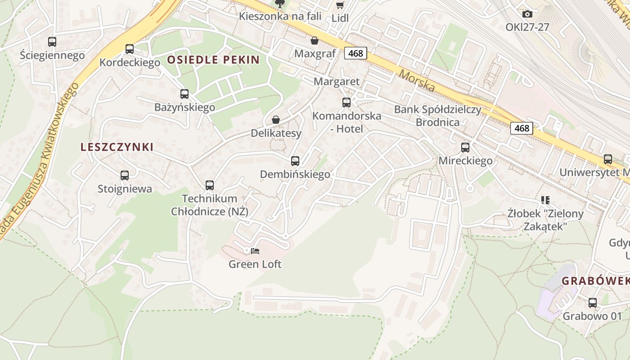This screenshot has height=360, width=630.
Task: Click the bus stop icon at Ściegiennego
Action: tap(52, 42)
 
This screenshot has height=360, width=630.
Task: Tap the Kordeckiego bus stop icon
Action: tap(130, 49)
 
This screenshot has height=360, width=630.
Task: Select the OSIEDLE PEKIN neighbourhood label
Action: tap(214, 60)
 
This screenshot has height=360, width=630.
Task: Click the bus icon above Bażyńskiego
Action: tap(184, 94)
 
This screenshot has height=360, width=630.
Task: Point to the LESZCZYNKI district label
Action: tap(117, 147)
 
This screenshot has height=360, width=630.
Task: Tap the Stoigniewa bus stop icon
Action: tap(125, 175)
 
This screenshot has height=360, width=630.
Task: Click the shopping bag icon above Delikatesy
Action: tap(276, 120)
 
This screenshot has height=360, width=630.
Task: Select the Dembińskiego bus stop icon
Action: tap(295, 161)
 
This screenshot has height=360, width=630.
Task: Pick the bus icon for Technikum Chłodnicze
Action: tap(210, 185)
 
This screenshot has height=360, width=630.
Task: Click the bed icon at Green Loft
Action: tap(255, 251)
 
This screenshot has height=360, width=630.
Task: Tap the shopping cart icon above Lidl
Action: tap(340, 5)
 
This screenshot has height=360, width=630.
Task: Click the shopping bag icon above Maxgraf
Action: tap(315, 41)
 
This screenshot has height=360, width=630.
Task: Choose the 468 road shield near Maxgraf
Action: tap(355, 53)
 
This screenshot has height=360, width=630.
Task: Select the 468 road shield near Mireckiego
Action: tap(522, 128)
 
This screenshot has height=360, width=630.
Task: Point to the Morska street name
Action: tap(417, 80)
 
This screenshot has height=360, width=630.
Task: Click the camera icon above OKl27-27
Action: tap(527, 14)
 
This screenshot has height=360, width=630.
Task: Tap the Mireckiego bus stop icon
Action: tap(465, 147)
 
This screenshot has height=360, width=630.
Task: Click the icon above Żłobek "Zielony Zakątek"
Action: tap(545, 200)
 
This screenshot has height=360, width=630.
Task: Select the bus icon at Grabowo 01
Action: tap(593, 303)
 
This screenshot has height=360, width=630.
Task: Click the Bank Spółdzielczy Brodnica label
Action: tap(438, 116)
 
